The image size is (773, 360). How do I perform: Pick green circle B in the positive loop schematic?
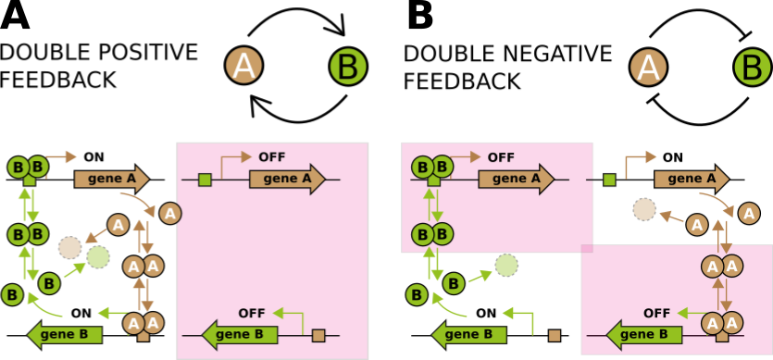(x=349, y=66)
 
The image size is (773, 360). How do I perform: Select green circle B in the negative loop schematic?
(x=752, y=66)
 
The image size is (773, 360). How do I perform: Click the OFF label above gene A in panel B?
(x=501, y=156)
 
